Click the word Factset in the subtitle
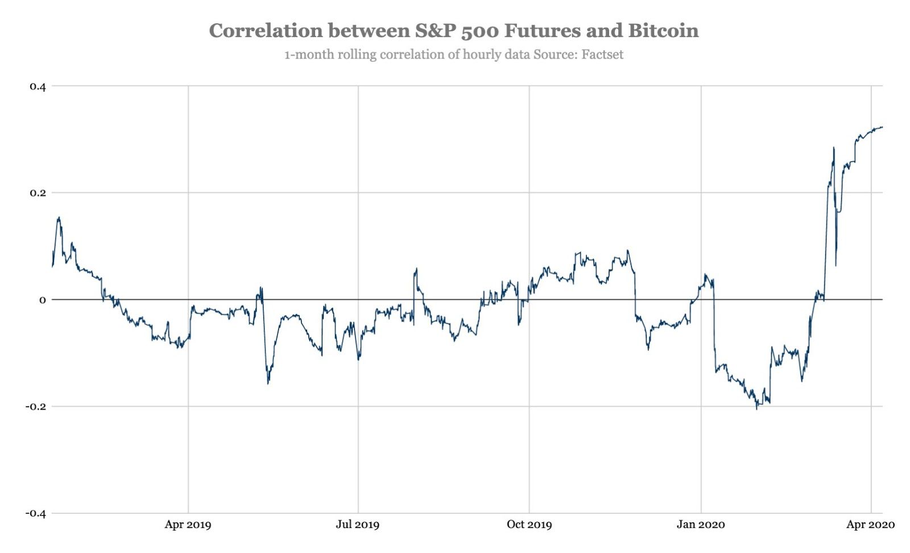click(602, 55)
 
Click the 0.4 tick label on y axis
click(38, 86)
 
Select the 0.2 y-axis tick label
click(38, 193)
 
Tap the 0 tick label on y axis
click(42, 300)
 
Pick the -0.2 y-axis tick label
click(35, 407)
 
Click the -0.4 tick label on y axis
click(35, 513)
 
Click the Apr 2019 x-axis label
click(188, 525)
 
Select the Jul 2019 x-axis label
click(357, 525)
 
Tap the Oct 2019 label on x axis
click(529, 525)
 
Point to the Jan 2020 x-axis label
click(701, 525)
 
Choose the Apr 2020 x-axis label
click(870, 525)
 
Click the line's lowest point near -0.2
click(756, 408)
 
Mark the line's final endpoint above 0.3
click(882, 127)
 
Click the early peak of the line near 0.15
click(59, 217)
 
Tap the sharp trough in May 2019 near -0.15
click(268, 383)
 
